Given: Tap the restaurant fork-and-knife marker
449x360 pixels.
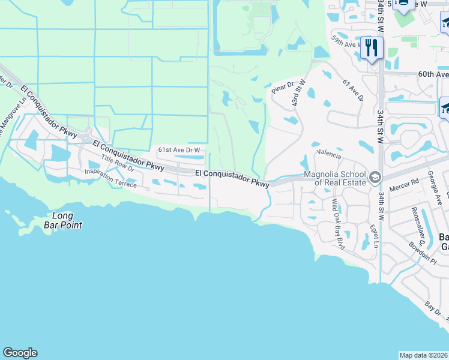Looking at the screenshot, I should [x=372, y=47].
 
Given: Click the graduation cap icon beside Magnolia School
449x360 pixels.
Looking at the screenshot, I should [x=375, y=177].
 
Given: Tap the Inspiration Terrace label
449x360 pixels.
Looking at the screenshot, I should [x=110, y=178].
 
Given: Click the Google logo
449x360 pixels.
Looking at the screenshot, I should [x=20, y=353].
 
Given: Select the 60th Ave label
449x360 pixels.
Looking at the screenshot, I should [x=433, y=74].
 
